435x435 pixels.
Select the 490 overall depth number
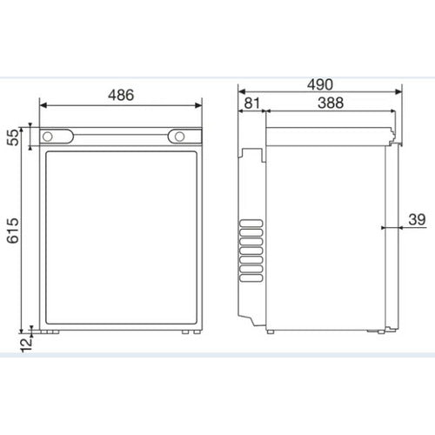(321, 83)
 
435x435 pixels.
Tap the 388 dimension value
(330, 103)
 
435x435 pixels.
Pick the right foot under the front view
(185, 331)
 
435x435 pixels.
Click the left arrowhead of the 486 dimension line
(43, 106)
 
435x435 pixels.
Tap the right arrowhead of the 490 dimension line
(400, 90)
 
